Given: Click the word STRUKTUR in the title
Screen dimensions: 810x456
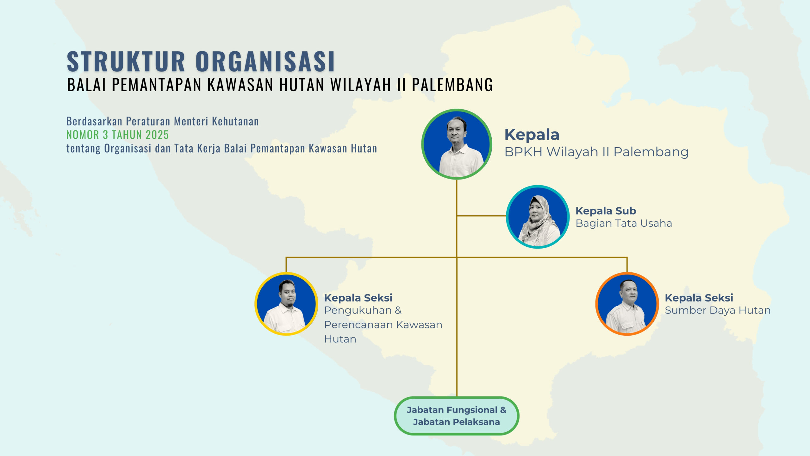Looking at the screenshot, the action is (x=126, y=61).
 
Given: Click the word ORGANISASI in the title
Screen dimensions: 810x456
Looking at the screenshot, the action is (x=265, y=61).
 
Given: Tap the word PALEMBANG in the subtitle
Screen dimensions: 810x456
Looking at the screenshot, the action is (x=452, y=85).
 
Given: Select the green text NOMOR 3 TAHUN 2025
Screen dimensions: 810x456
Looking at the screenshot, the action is (x=117, y=135).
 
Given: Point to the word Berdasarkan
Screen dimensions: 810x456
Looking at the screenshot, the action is (x=94, y=121).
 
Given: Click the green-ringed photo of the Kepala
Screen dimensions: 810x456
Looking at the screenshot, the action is (x=457, y=144).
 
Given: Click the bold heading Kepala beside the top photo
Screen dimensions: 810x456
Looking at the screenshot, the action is (x=532, y=135).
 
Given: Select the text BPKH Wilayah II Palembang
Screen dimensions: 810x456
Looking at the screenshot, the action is (x=596, y=152).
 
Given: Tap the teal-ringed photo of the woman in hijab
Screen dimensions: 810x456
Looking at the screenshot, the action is (x=538, y=217).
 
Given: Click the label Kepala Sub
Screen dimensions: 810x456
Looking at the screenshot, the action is (x=606, y=211).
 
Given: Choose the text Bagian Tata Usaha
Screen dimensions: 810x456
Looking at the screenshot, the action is (x=624, y=223).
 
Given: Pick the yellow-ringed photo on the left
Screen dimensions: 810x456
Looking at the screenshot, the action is (x=286, y=304).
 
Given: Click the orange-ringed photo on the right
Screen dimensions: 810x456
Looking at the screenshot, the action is (x=627, y=304).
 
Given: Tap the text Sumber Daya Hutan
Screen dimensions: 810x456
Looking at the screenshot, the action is (x=718, y=310).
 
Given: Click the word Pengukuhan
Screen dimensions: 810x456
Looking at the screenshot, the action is (x=358, y=310).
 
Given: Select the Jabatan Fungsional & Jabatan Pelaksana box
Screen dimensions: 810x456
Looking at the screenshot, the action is (x=457, y=416).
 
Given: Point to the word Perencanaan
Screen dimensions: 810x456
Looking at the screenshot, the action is (x=358, y=325).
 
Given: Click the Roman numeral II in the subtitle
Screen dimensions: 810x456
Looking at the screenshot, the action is (x=401, y=85).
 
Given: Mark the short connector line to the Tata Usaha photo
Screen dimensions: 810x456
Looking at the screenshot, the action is (x=481, y=216).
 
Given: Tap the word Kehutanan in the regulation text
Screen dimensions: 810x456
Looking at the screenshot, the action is (x=235, y=121).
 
